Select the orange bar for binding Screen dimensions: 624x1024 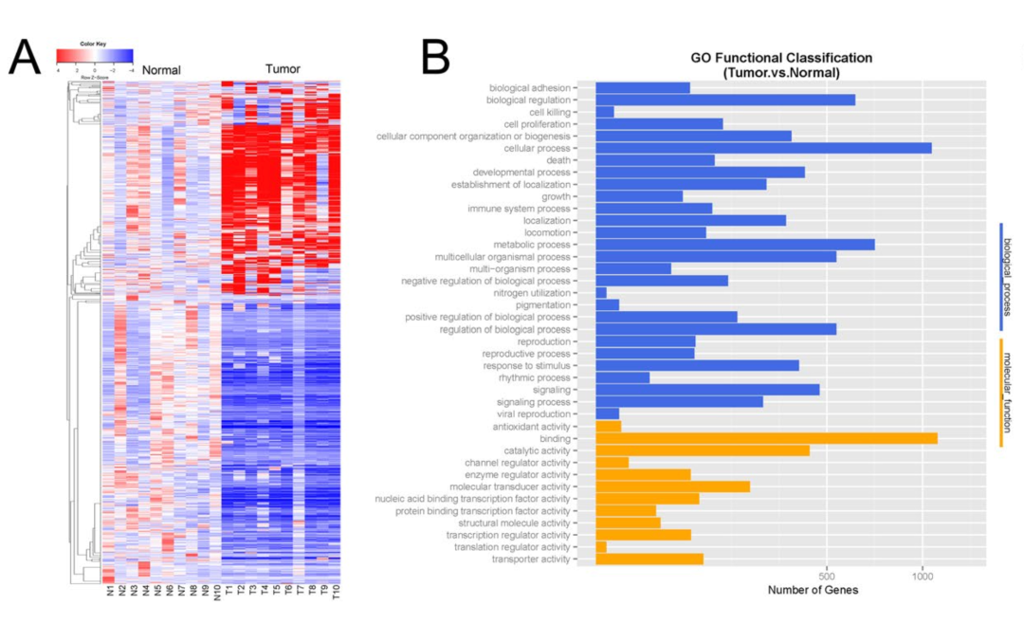click(x=766, y=438)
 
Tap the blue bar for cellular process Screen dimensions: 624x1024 click(x=763, y=148)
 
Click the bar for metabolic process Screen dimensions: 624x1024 click(x=735, y=245)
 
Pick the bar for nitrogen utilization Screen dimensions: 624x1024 click(x=601, y=293)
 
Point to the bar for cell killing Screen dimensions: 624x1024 click(x=605, y=112)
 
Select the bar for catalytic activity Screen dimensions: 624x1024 click(x=703, y=450)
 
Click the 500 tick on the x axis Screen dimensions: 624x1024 click(x=827, y=576)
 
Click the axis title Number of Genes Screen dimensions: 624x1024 click(x=814, y=590)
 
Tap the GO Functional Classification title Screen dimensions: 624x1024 click(x=780, y=64)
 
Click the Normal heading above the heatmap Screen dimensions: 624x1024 click(x=161, y=70)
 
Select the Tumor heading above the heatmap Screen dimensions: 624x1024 click(x=283, y=69)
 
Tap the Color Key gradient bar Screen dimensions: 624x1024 click(x=95, y=55)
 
